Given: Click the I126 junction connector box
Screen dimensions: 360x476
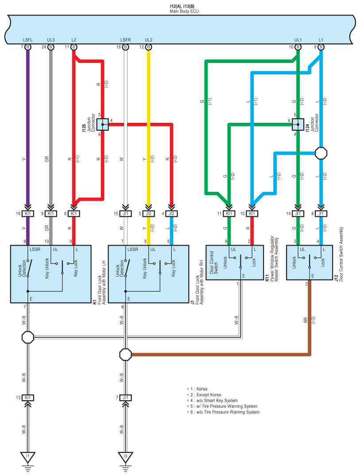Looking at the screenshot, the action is pyautogui.click(x=103, y=125).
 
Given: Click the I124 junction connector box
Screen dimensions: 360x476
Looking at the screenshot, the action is pyautogui.click(x=298, y=125).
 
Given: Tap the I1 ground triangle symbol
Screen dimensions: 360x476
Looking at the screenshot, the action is pyautogui.click(x=28, y=457).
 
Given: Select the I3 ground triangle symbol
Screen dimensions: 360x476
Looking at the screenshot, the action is pyautogui.click(x=126, y=457).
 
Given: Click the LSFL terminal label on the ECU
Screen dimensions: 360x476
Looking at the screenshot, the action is pyautogui.click(x=27, y=40).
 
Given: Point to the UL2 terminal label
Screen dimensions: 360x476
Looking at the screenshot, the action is pyautogui.click(x=149, y=40).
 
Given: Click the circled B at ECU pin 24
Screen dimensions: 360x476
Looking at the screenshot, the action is pyautogui.click(x=50, y=47).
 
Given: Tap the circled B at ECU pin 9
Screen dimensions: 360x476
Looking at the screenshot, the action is pyautogui.click(x=321, y=47).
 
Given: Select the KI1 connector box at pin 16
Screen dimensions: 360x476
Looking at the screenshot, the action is pyautogui.click(x=28, y=214).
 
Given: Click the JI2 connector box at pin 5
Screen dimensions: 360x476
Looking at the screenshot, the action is pyautogui.click(x=149, y=214).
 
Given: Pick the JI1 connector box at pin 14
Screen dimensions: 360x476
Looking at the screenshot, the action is pyautogui.click(x=298, y=214).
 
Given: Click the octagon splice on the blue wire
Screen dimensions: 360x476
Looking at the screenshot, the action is pyautogui.click(x=321, y=153).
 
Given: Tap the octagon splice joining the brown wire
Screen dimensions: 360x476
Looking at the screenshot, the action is pyautogui.click(x=126, y=354).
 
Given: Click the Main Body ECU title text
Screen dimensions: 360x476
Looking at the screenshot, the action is pyautogui.click(x=184, y=12).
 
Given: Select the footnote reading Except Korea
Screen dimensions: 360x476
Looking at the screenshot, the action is pyautogui.click(x=209, y=394).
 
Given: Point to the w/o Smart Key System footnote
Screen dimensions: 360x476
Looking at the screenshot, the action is pyautogui.click(x=217, y=400).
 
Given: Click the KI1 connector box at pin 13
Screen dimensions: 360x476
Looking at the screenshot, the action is pyautogui.click(x=28, y=398).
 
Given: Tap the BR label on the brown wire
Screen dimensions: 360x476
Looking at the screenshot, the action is pyautogui.click(x=306, y=320).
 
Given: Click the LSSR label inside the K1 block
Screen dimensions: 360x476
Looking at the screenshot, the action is pyautogui.click(x=35, y=250).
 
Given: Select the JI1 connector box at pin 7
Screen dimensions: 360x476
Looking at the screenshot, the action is pyautogui.click(x=126, y=398).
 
